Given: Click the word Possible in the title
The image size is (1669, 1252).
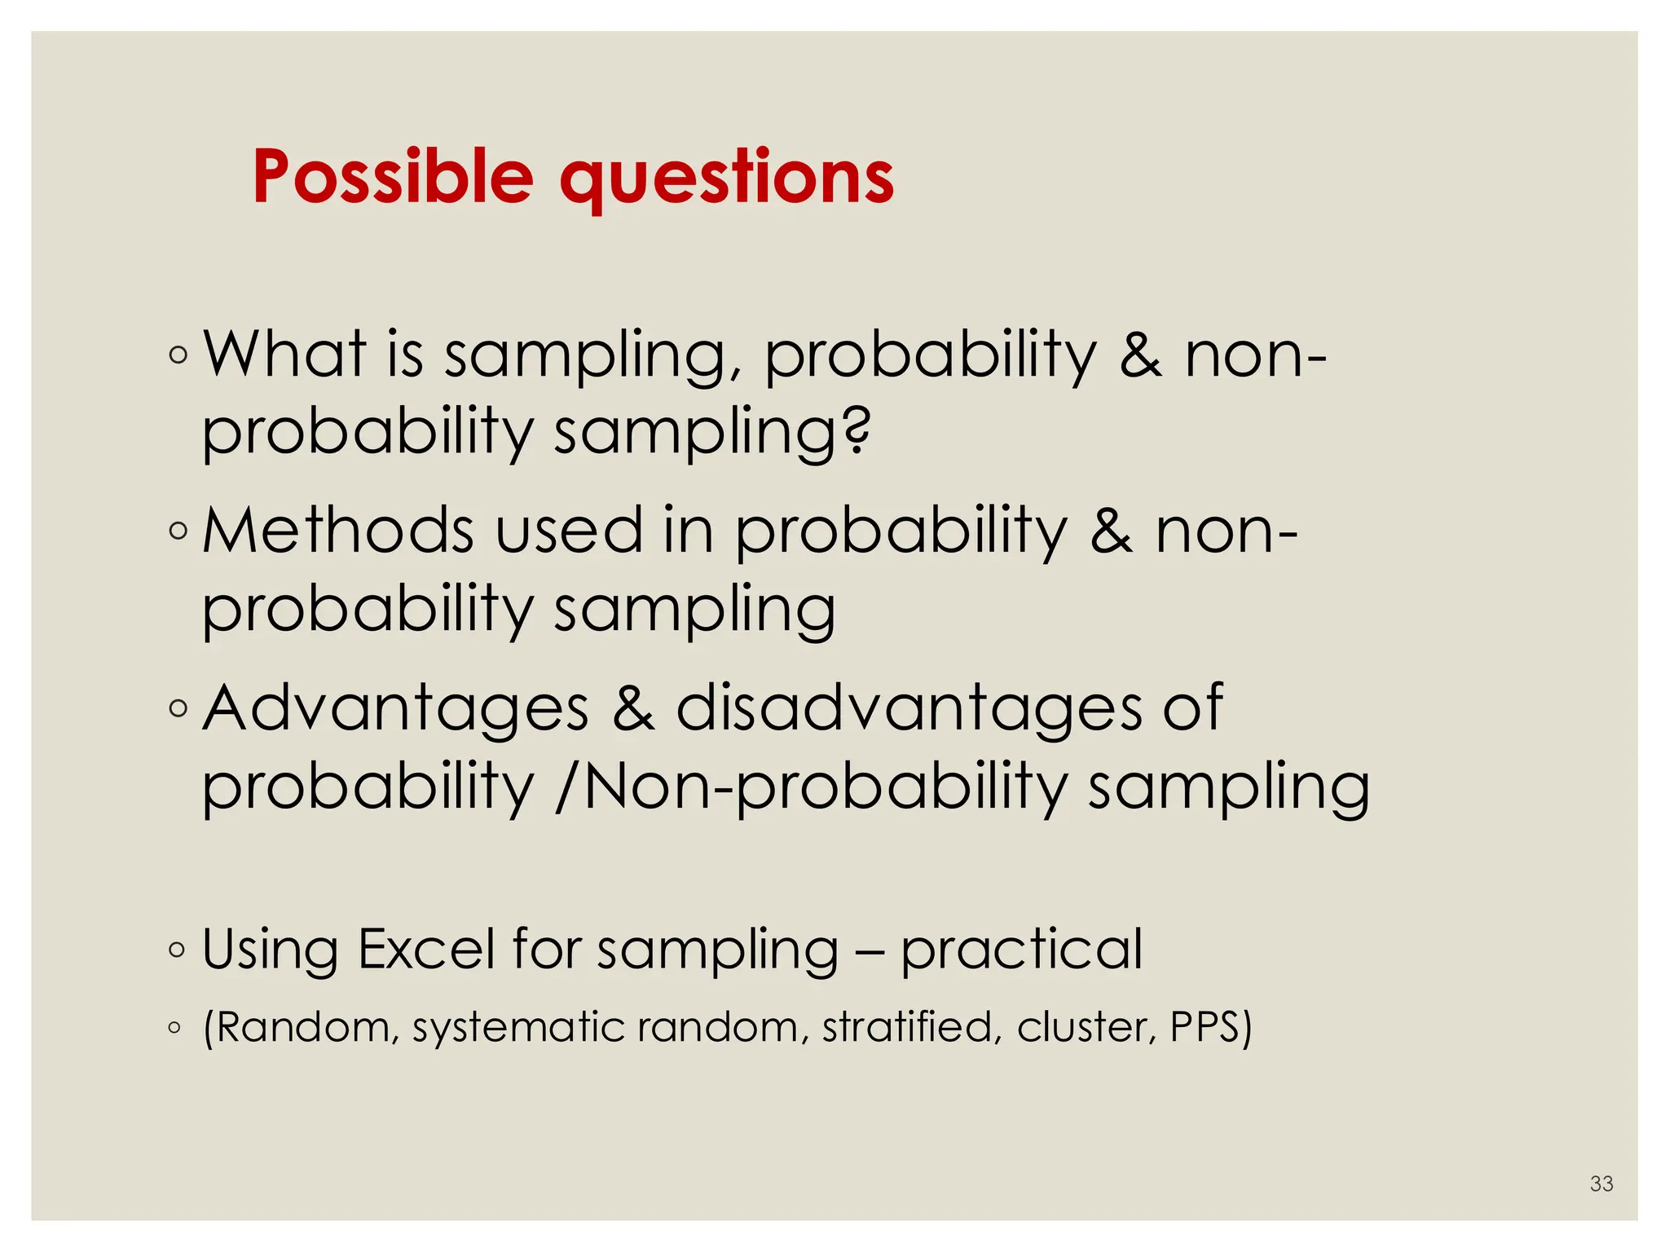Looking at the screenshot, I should point(393,177).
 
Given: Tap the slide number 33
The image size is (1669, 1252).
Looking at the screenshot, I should point(1601,1184).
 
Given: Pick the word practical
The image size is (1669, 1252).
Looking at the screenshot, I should point(1021,950).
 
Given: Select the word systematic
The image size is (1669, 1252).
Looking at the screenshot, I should point(519,1028).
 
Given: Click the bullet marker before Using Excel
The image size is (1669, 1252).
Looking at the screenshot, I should point(176,950).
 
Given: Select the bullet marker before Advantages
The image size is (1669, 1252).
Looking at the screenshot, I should point(177,708).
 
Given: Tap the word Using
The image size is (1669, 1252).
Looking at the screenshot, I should point(270,950).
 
